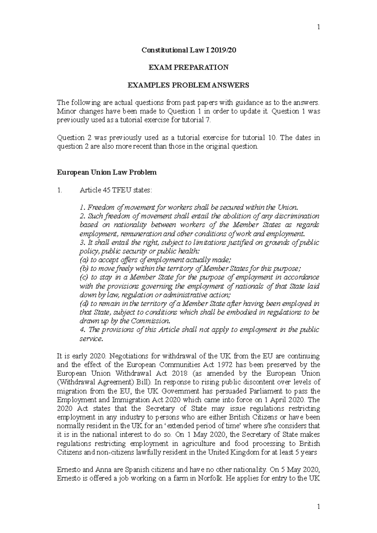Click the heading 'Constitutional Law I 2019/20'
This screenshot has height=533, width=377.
[188, 50]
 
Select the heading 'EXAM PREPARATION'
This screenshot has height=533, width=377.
[188, 67]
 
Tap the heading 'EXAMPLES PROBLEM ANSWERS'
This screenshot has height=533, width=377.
[188, 85]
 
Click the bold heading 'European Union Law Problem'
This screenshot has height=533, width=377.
[106, 172]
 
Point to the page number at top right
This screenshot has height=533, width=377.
[318, 27]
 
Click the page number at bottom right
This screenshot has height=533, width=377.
[318, 506]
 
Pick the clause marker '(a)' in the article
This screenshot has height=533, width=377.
[84, 260]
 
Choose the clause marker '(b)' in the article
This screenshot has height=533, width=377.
[84, 269]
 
